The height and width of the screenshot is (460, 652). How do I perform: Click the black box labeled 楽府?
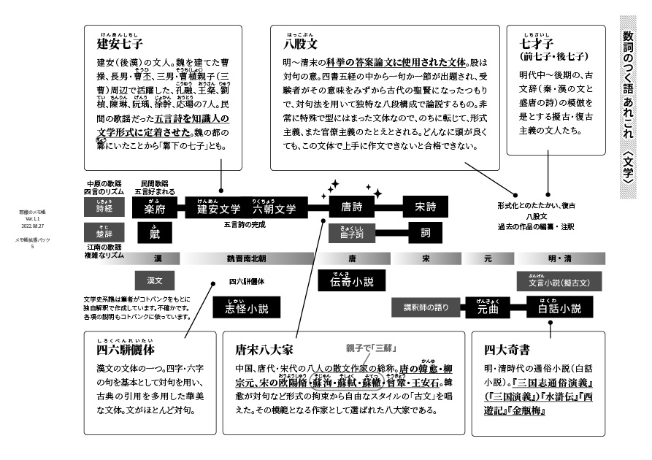[x=155, y=207]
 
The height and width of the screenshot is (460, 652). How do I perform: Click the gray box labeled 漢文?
[x=154, y=280]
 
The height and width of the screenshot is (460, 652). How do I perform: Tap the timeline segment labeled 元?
[x=488, y=258]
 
